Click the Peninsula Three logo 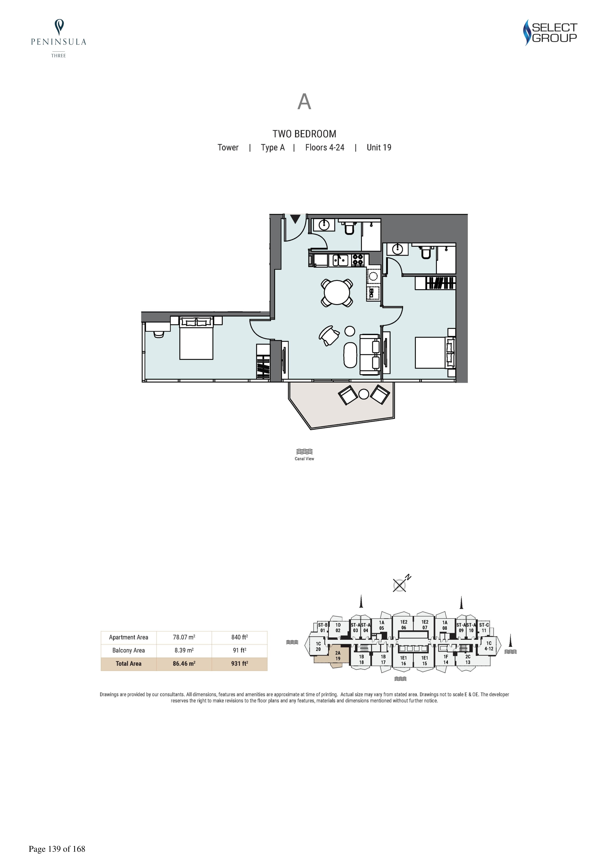pyautogui.click(x=59, y=38)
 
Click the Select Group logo pyautogui.click(x=550, y=33)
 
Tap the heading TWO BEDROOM pyautogui.click(x=304, y=134)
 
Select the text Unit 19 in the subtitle pyautogui.click(x=379, y=147)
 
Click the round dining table pyautogui.click(x=337, y=292)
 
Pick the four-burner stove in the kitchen pyautogui.click(x=357, y=260)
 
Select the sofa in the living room pyautogui.click(x=370, y=354)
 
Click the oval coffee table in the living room pyautogui.click(x=350, y=355)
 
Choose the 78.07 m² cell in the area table pyautogui.click(x=184, y=637)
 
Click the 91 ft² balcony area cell pyautogui.click(x=239, y=650)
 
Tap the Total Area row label pyautogui.click(x=129, y=663)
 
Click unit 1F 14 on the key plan pyautogui.click(x=446, y=659)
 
